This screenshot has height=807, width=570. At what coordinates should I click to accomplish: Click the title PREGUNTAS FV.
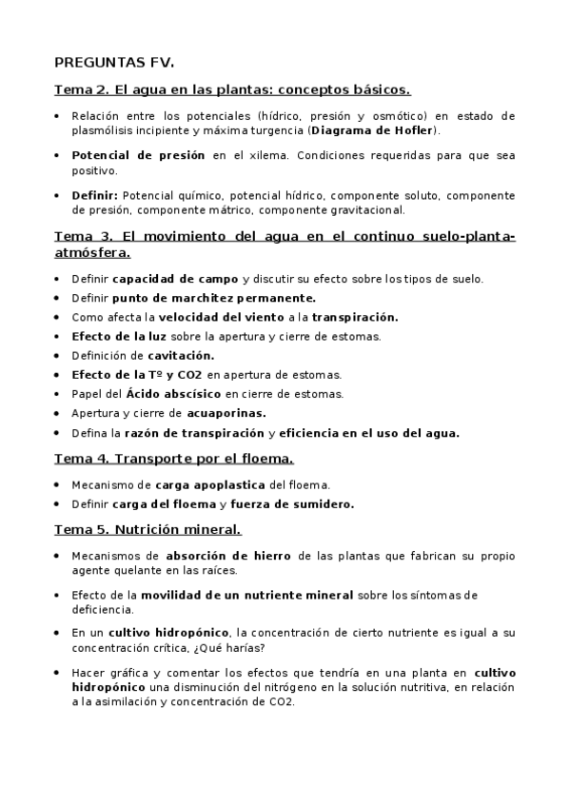click(x=108, y=65)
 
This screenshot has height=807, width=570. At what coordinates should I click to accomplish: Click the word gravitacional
click(x=366, y=210)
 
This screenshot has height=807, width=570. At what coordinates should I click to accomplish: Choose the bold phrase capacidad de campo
click(x=176, y=279)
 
